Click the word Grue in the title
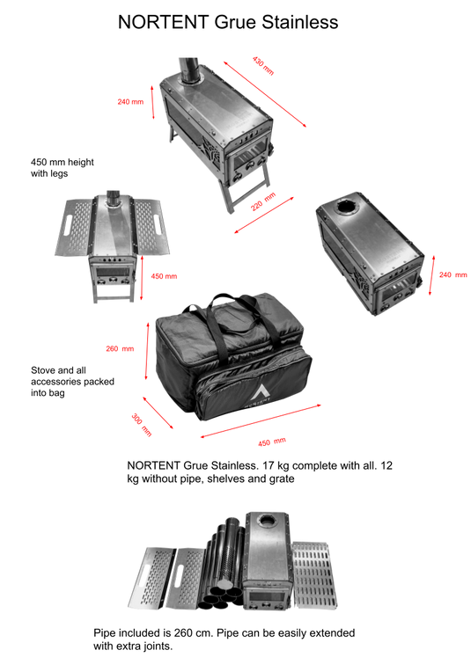point(236,22)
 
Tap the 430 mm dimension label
point(262,66)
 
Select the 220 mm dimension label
point(263,201)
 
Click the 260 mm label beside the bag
point(120,349)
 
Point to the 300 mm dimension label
point(142,425)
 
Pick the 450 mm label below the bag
point(272,442)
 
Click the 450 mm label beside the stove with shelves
point(164,276)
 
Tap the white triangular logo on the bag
point(259,392)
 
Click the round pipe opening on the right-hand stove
point(347,207)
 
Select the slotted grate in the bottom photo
point(314,574)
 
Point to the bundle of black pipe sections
point(223,564)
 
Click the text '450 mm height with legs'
point(63,168)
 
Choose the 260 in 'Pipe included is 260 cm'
point(183,633)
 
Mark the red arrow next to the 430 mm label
point(265,94)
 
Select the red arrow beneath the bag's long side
point(261,420)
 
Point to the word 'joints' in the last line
point(157,646)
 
